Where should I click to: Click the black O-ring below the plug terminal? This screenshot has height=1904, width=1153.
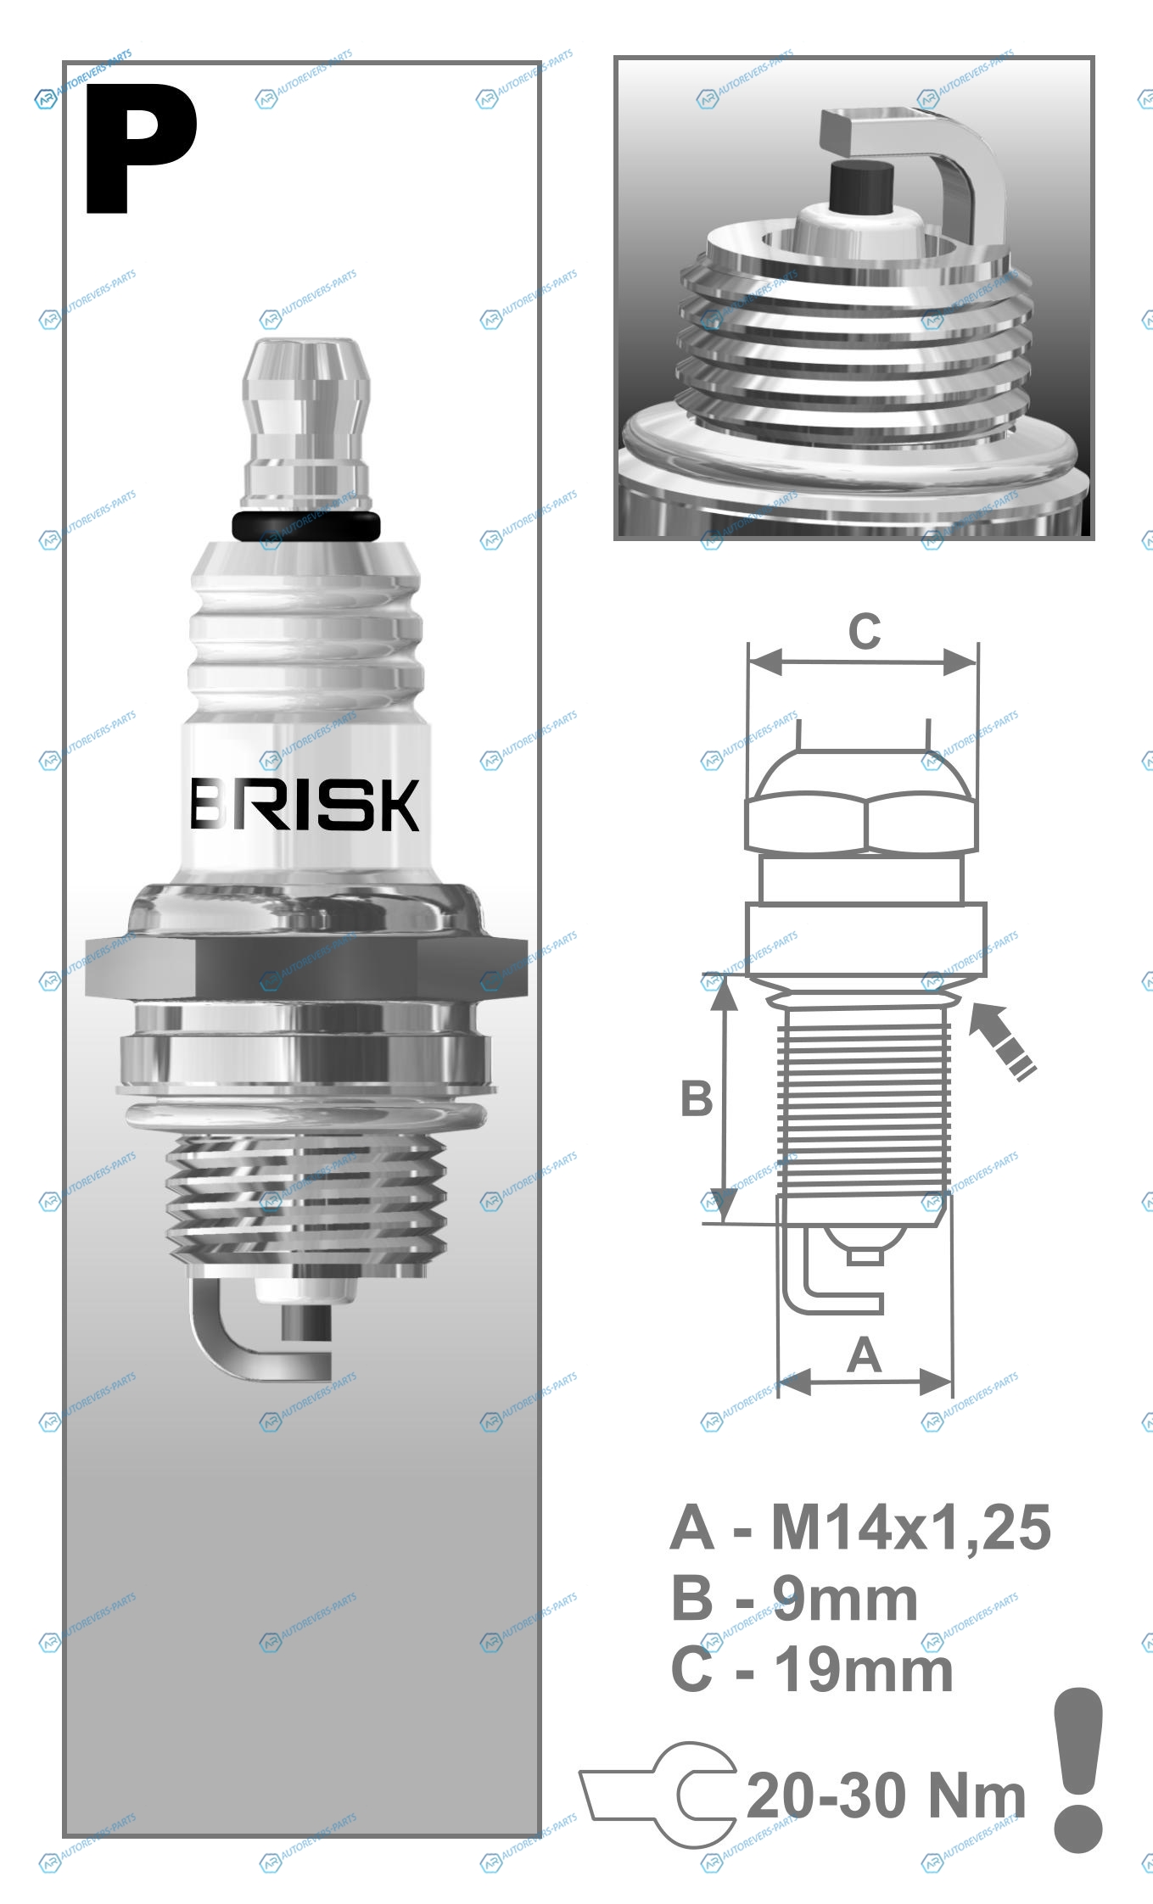[x=306, y=526]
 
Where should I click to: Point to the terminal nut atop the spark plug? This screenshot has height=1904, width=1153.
[x=306, y=424]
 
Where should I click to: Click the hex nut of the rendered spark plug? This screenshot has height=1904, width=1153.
[x=306, y=967]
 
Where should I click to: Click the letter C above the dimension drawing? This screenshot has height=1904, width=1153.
[x=865, y=632]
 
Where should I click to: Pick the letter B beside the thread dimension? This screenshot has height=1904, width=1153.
[x=697, y=1098]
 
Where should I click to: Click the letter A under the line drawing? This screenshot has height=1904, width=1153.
[x=864, y=1354]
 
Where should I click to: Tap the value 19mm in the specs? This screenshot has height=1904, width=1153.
[x=864, y=1671]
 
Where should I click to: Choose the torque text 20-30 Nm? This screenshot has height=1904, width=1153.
[x=886, y=1795]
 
